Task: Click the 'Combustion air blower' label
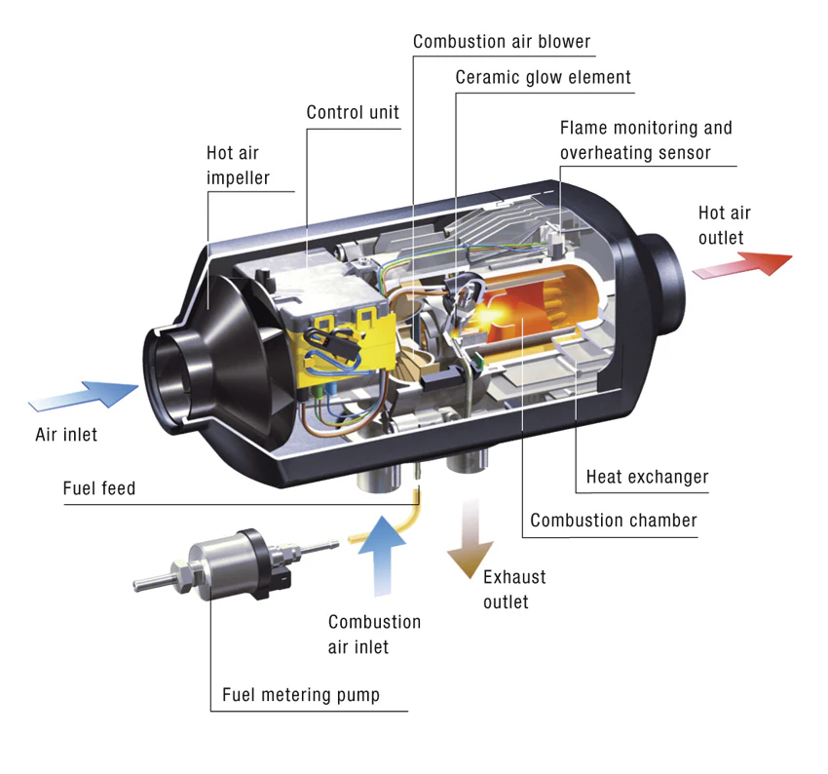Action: (x=501, y=42)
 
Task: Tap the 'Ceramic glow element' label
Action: (x=543, y=77)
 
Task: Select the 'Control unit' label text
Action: (x=353, y=112)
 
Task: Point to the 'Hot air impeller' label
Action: (x=238, y=166)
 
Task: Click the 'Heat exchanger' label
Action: (x=647, y=477)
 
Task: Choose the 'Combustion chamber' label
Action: (x=613, y=520)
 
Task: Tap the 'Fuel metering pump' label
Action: (x=300, y=695)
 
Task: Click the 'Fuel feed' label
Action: (x=98, y=487)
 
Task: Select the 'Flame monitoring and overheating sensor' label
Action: (x=645, y=139)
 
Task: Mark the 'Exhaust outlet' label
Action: (x=513, y=589)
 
